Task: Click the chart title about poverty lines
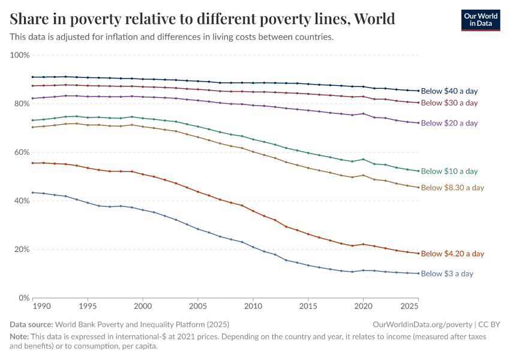[203, 19]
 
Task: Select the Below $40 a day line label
[449, 91]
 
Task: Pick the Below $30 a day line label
[449, 103]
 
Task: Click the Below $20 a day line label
[449, 123]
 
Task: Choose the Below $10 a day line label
[449, 171]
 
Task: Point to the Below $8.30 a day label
[452, 188]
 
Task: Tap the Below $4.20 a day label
[452, 254]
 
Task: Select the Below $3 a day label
[447, 274]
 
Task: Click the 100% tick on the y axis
[20, 55]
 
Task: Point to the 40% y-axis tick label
[22, 201]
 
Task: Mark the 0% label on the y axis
[24, 298]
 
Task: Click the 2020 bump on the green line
[363, 160]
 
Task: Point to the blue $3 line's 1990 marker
[32, 193]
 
